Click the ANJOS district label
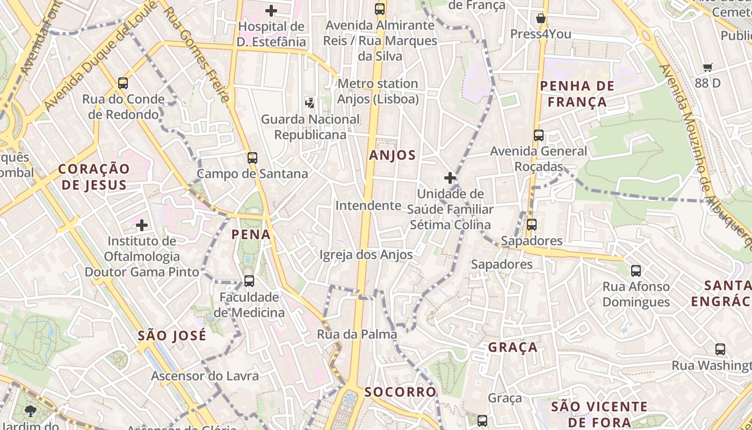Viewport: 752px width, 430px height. tap(392, 155)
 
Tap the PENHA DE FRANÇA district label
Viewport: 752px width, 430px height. tap(573, 94)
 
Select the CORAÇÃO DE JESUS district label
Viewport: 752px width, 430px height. tap(94, 177)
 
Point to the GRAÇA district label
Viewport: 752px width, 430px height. tap(512, 347)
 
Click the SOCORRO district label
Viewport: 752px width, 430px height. tap(400, 392)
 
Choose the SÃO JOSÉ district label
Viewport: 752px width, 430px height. tap(172, 336)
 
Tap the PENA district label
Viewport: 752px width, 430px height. tap(251, 234)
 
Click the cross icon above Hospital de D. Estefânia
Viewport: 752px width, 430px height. tap(271, 10)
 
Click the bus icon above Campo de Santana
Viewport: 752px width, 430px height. tap(252, 158)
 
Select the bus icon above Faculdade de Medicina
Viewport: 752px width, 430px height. tap(249, 281)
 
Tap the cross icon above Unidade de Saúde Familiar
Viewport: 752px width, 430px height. tap(450, 178)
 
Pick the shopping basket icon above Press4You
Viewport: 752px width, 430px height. tap(541, 18)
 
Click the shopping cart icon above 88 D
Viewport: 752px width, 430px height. tap(708, 68)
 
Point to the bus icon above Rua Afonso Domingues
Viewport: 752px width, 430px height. tap(636, 271)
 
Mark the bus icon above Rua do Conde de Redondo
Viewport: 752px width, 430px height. tap(123, 83)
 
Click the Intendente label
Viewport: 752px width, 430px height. tap(368, 205)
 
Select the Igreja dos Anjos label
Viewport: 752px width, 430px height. tap(366, 255)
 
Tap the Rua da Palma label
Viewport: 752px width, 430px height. tap(357, 334)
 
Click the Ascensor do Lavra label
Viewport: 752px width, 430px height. tap(205, 376)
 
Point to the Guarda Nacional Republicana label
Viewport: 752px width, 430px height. tap(310, 127)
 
